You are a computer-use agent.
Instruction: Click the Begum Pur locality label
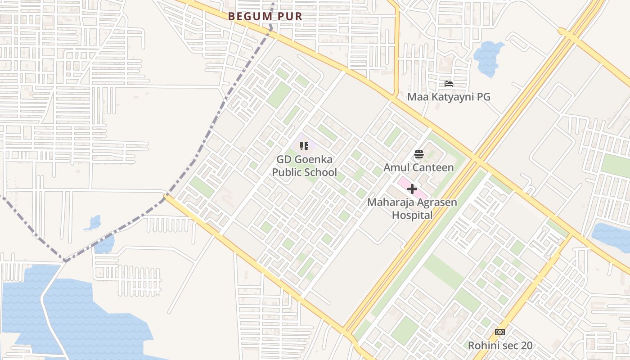(x=265, y=16)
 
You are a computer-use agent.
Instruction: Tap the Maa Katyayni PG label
(x=449, y=97)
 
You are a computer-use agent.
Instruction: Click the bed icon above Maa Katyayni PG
(x=448, y=84)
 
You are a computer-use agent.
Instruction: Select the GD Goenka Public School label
(x=304, y=166)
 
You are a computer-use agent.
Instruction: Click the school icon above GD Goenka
(x=304, y=146)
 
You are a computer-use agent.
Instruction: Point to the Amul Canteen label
(x=418, y=167)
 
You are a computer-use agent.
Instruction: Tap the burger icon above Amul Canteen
(x=419, y=155)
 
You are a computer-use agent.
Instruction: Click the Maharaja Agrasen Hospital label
(x=412, y=208)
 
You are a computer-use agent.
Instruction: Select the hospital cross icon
(x=412, y=189)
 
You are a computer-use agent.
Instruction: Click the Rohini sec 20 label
(x=500, y=346)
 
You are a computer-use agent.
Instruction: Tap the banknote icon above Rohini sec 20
(x=499, y=332)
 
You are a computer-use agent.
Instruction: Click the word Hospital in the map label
(x=412, y=215)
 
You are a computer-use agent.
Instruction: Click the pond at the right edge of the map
(x=612, y=236)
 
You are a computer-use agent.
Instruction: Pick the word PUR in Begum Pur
(x=289, y=16)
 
